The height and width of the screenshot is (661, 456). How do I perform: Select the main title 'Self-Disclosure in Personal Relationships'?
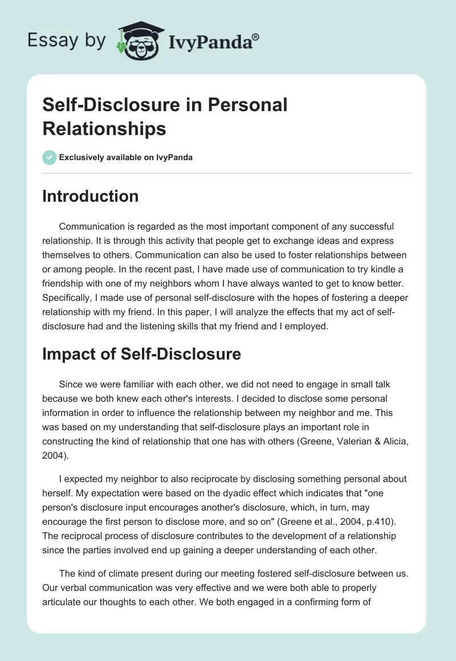165,117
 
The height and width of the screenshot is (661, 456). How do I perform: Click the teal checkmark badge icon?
50,157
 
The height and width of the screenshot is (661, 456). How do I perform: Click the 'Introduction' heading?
91,196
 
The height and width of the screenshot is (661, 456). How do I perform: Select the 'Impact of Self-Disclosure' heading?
141,354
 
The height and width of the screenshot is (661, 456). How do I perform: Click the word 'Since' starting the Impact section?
70,384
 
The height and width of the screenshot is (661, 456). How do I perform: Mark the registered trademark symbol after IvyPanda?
256,36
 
